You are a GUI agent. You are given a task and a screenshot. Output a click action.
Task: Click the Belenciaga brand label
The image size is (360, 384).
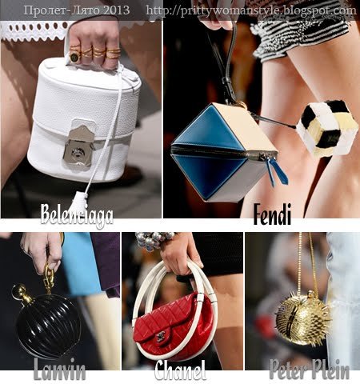[77, 215]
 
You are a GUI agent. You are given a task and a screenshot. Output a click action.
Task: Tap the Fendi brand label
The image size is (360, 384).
[272, 214]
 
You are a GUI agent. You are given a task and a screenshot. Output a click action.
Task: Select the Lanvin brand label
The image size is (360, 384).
[60, 369]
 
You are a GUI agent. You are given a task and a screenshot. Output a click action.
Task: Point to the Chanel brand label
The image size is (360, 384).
[181, 370]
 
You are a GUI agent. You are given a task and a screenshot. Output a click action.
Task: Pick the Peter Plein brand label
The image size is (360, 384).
[309, 369]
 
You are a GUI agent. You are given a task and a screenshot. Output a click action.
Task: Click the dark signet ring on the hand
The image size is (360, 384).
[74, 56]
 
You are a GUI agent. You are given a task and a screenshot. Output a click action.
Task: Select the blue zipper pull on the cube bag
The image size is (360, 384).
[278, 172]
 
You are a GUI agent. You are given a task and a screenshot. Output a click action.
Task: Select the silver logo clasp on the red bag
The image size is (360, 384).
[160, 338]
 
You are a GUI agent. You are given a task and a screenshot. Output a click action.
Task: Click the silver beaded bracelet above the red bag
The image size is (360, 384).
[154, 241]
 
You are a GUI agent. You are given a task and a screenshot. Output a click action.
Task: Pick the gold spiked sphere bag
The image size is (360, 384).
[303, 317]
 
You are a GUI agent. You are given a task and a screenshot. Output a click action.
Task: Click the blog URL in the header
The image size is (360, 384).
[251, 10]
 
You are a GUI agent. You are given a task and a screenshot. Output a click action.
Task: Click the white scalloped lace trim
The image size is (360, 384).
[34, 31]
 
